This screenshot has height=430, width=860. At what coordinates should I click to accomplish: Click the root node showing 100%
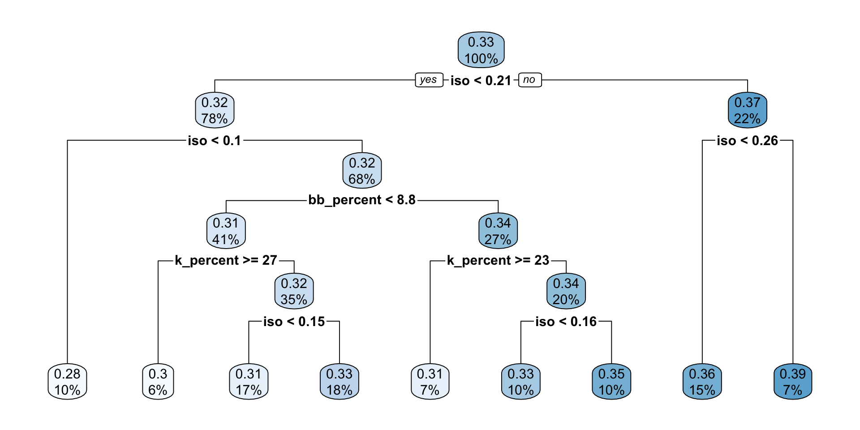(x=481, y=50)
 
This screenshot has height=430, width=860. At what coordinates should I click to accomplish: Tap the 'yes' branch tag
(x=429, y=80)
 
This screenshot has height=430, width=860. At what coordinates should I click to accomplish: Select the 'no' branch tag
(x=529, y=80)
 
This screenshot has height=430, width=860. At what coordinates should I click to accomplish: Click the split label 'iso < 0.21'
(x=481, y=81)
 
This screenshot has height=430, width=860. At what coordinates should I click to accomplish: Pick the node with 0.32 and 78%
(x=215, y=111)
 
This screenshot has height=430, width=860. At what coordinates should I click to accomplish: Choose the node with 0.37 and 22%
(x=747, y=111)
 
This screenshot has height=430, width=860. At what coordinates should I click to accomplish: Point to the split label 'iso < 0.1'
(x=215, y=141)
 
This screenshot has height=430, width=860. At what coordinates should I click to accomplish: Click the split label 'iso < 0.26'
(x=747, y=141)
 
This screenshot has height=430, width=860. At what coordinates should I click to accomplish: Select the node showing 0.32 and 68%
(x=362, y=171)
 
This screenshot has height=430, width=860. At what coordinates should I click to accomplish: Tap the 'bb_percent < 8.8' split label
(x=362, y=200)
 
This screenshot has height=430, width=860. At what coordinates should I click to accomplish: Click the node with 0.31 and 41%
(x=226, y=231)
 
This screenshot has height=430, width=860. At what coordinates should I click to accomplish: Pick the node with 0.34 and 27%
(x=498, y=231)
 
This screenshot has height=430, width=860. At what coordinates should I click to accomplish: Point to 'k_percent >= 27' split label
(x=226, y=260)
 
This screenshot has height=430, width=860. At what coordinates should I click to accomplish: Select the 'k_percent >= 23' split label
(x=498, y=260)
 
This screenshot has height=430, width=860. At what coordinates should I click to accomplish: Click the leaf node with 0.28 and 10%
(x=67, y=382)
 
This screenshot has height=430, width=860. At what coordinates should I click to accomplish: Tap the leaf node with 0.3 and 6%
(x=158, y=382)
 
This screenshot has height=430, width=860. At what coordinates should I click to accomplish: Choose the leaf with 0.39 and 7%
(x=792, y=382)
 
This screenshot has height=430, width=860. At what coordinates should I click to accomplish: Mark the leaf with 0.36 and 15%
(x=702, y=382)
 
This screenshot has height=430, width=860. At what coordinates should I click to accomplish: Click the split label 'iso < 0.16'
(x=566, y=322)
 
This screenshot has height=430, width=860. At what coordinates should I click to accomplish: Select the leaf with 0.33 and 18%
(x=339, y=382)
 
